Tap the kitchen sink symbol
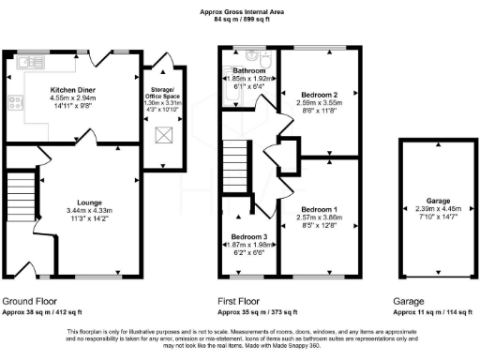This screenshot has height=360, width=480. pyautogui.click(x=27, y=64)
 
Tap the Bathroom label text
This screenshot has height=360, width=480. pyautogui.click(x=250, y=71)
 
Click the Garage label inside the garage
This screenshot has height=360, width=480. pyautogui.click(x=433, y=202)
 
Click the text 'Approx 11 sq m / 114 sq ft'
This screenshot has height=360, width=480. pyautogui.click(x=432, y=311)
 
